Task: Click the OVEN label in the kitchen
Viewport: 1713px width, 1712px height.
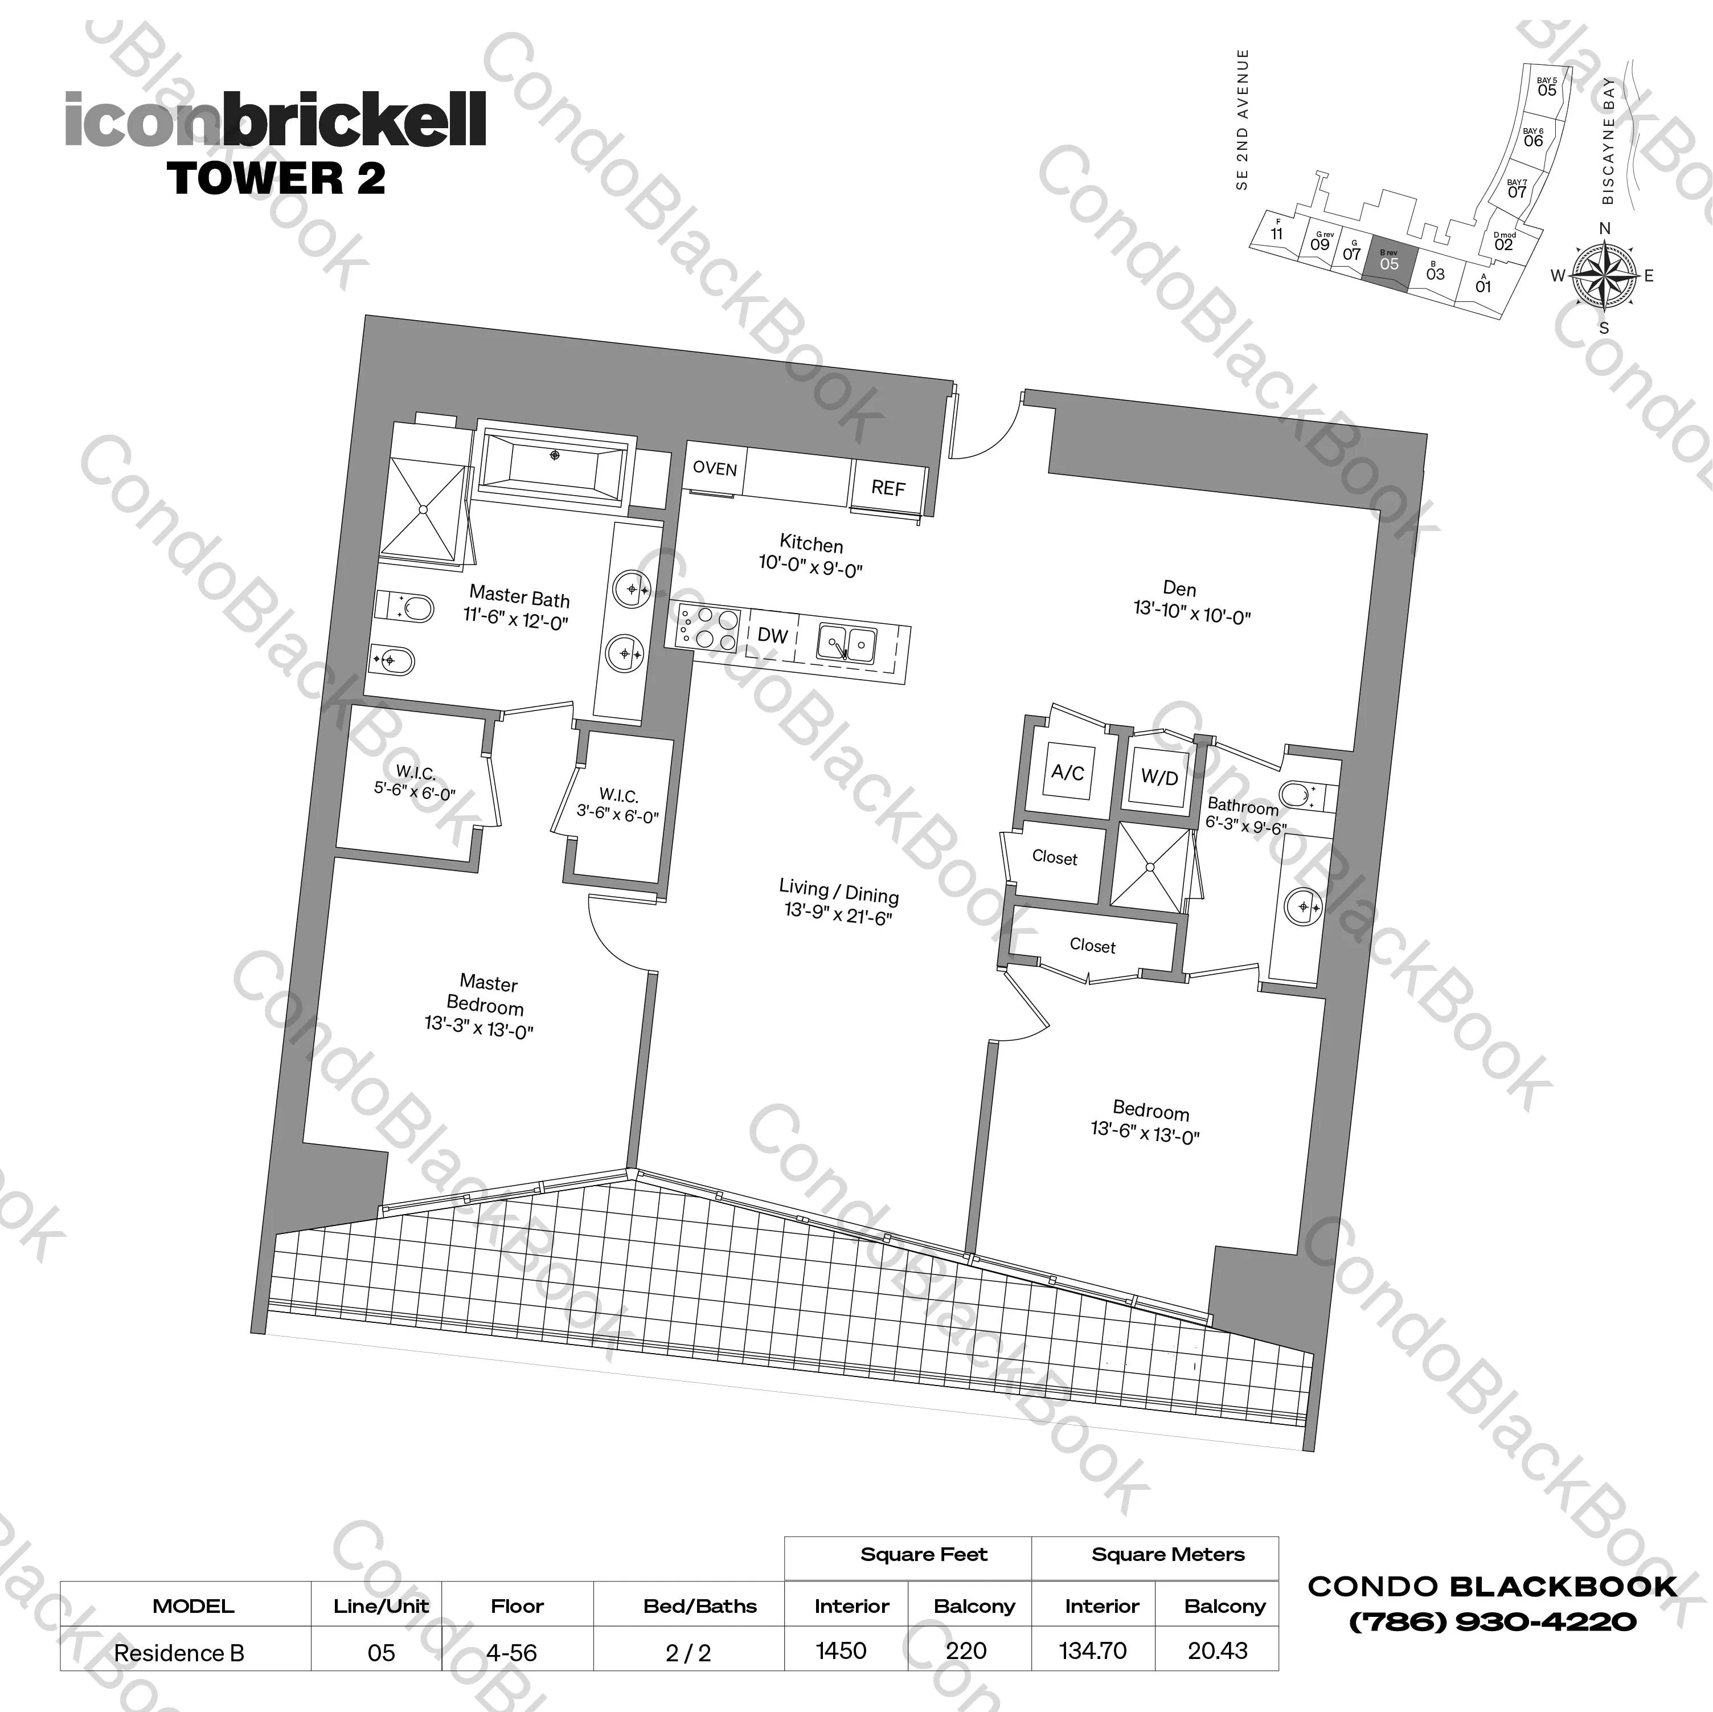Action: tap(715, 468)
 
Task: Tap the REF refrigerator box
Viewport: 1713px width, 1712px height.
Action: tap(887, 487)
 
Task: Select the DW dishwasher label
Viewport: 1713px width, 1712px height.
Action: tap(772, 635)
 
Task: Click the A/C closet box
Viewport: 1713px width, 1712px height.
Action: tap(1068, 773)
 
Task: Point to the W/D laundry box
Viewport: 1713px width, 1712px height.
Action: tap(1159, 778)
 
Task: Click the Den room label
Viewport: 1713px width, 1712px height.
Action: tap(1179, 588)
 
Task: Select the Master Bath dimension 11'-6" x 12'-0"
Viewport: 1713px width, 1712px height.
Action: tap(515, 618)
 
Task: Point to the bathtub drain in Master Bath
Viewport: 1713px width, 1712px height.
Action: tap(555, 455)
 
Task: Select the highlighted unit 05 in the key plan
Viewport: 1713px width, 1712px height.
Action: tap(1388, 263)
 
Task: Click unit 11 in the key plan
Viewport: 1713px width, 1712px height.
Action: tap(1276, 232)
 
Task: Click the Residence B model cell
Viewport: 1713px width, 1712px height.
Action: tap(179, 1653)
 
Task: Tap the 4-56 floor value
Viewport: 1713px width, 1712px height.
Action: tap(511, 1653)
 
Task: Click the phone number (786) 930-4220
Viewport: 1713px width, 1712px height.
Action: tap(1492, 1623)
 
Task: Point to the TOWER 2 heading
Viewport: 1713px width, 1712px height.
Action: tap(276, 177)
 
